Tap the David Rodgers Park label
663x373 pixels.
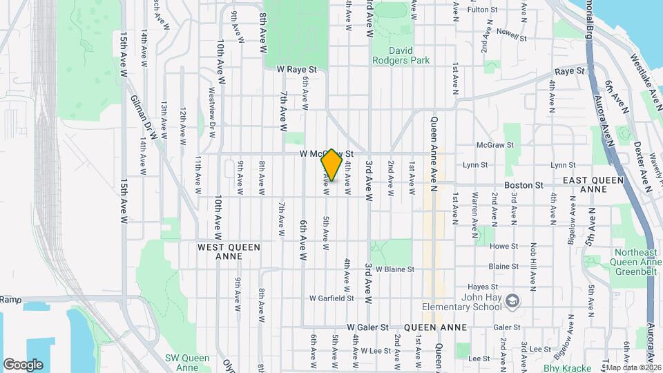pyautogui.click(x=401, y=55)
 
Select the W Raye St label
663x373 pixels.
pyautogui.click(x=296, y=70)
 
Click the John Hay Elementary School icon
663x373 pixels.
pyautogui.click(x=512, y=300)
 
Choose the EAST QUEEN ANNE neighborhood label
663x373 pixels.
pyautogui.click(x=593, y=184)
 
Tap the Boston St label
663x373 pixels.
pyautogui.click(x=524, y=185)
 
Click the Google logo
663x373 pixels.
pyautogui.click(x=23, y=365)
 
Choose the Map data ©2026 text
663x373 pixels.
pyautogui.click(x=631, y=367)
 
